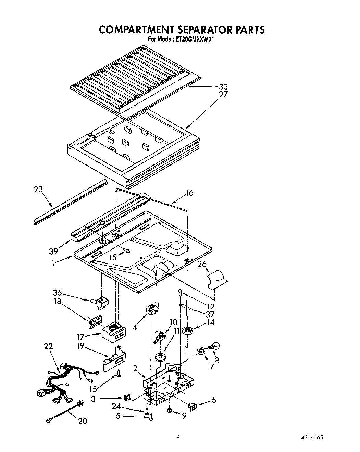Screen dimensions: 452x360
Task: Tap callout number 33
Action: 223,87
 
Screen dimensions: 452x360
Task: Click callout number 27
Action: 223,95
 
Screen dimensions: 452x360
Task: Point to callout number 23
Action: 39,189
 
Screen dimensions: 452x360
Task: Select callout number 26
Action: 202,265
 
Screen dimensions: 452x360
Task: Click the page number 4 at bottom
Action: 178,437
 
